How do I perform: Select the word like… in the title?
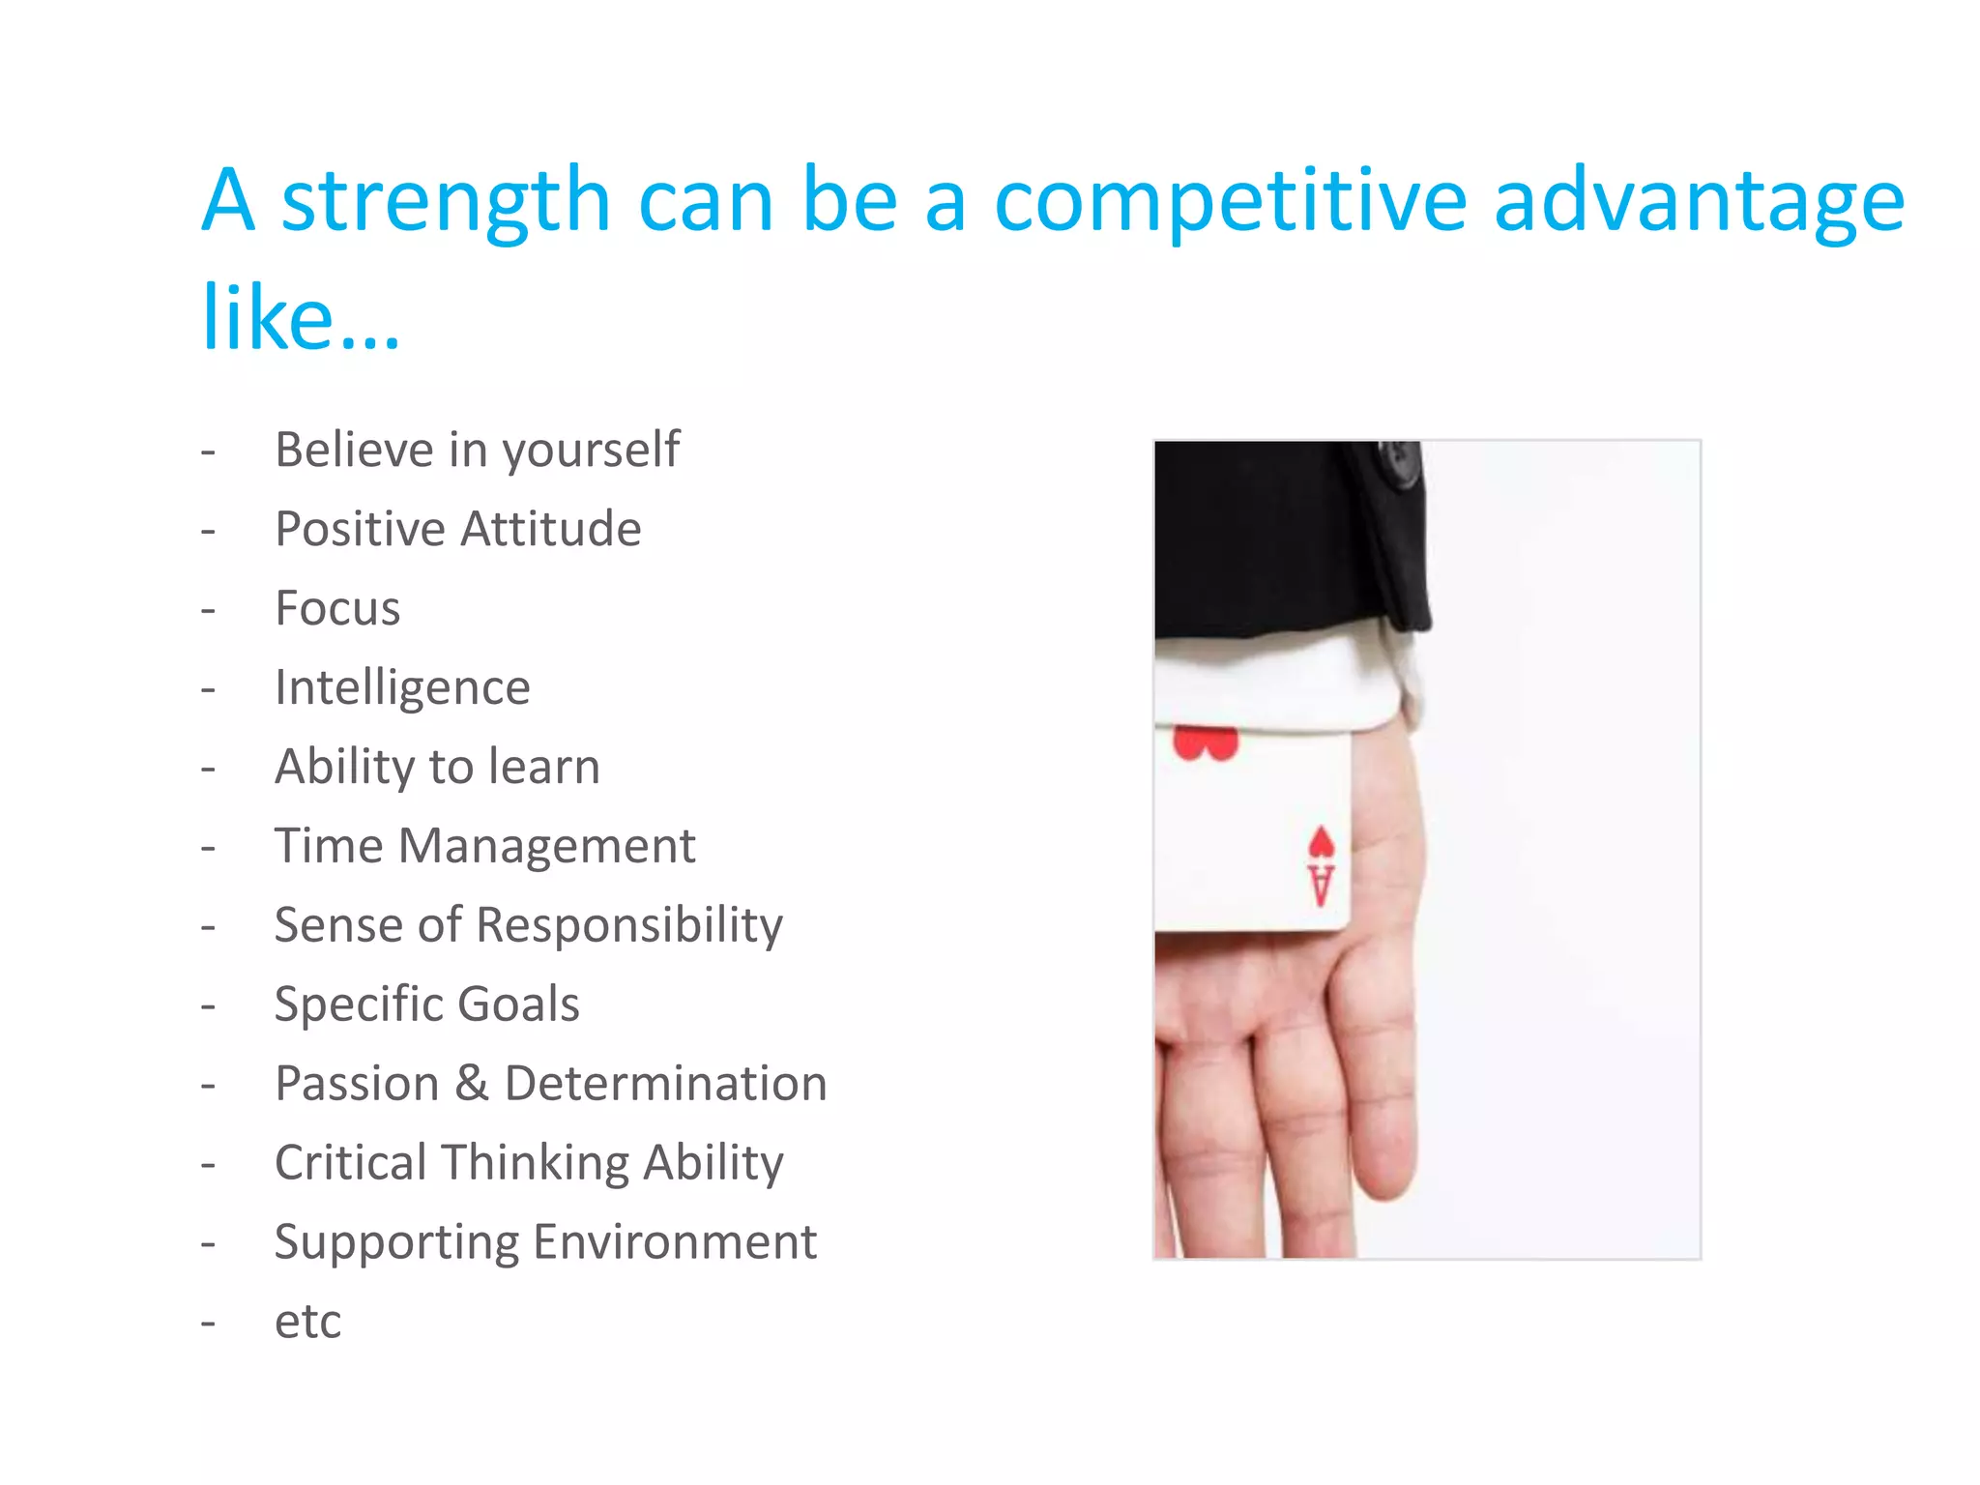point(300,319)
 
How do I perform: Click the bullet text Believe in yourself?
point(477,451)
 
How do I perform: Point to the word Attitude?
point(550,529)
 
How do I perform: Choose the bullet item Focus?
point(337,608)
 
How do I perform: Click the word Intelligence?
point(402,688)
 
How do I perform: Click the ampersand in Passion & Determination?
point(472,1083)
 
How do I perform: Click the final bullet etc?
point(307,1322)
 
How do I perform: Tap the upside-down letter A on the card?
point(1321,885)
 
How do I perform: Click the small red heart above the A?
point(1321,842)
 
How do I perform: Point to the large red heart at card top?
point(1205,744)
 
